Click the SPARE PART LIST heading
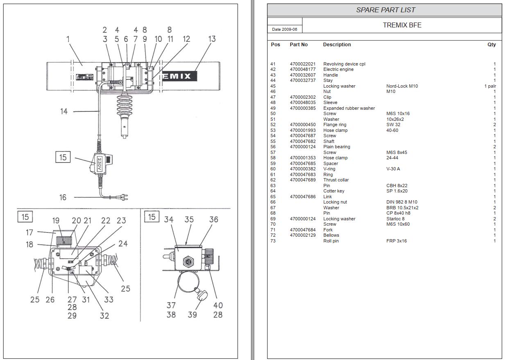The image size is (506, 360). click(385, 10)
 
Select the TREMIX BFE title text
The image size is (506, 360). click(402, 25)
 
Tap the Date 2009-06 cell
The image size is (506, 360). click(285, 29)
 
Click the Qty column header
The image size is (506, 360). click(491, 45)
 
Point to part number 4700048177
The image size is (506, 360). click(303, 70)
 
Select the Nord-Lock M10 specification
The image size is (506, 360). click(402, 86)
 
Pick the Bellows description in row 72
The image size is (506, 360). click(331, 235)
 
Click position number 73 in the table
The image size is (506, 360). click(273, 241)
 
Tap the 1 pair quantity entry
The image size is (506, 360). click(490, 86)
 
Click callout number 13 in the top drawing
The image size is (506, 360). click(211, 39)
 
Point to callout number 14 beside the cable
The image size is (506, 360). click(64, 111)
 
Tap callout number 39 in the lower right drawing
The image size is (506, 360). click(192, 315)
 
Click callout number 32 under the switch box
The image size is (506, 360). click(104, 315)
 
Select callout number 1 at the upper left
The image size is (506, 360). click(68, 39)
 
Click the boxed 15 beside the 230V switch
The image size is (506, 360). click(63, 157)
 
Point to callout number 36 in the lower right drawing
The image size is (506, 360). click(213, 220)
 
